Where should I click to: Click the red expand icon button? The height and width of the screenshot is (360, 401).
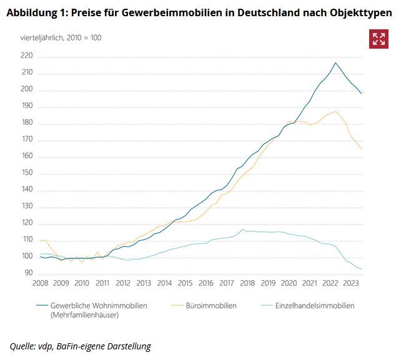[x=379, y=39]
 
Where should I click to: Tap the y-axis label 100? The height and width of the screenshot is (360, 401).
[x=26, y=256]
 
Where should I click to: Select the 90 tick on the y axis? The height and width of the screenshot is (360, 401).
[x=28, y=273]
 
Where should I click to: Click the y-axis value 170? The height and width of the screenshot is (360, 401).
[x=26, y=140]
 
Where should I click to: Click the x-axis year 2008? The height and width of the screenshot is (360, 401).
[x=41, y=283]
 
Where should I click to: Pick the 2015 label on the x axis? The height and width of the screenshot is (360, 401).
[x=185, y=283]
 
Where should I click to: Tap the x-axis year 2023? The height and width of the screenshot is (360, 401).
[x=350, y=283]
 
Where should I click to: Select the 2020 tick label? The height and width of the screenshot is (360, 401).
[x=288, y=283]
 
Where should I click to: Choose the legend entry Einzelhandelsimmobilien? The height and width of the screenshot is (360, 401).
[x=315, y=306]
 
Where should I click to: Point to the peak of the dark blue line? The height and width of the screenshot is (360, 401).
[x=335, y=62]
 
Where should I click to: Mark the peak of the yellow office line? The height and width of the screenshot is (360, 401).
[x=336, y=112]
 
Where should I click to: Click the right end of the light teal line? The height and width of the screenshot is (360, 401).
[x=362, y=270]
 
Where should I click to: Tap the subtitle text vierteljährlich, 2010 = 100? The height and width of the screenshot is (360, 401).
[x=61, y=37]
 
